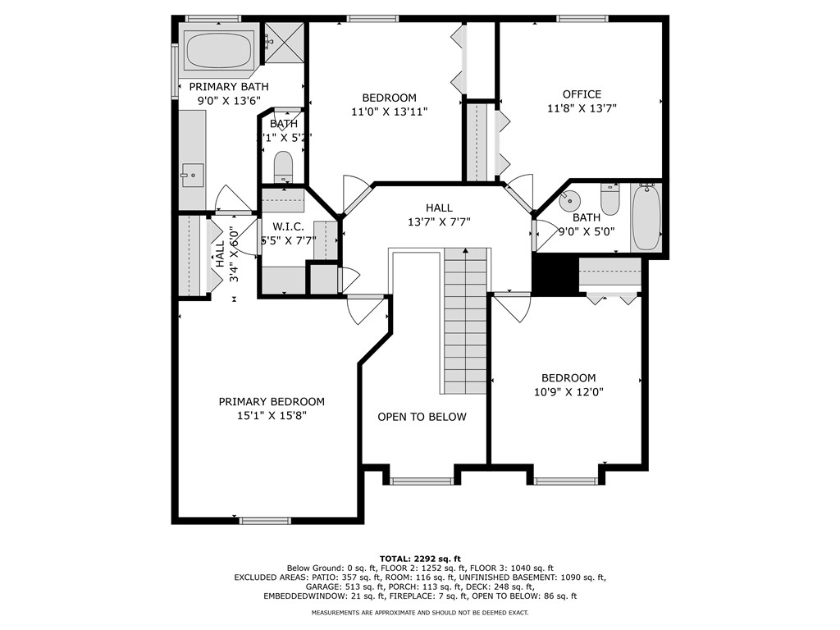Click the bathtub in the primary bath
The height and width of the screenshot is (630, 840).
[x=219, y=50]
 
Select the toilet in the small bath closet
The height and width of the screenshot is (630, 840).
[x=282, y=167]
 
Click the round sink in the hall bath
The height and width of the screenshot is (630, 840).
[x=569, y=199]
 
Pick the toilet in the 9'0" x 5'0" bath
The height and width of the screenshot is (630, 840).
[x=610, y=199]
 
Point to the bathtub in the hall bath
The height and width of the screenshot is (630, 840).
[x=646, y=218]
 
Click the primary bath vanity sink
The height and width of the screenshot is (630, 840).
[x=192, y=173]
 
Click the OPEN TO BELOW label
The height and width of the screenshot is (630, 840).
[x=422, y=417]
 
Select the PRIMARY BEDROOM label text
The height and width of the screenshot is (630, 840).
[x=272, y=402]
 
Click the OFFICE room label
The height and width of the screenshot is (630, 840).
[x=582, y=94]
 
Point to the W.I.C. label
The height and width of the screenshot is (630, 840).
[x=288, y=226]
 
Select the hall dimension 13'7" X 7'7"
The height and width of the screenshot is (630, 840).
[x=439, y=221]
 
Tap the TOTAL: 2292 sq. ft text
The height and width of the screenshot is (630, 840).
[x=419, y=558]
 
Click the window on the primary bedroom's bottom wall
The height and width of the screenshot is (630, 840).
[x=265, y=520]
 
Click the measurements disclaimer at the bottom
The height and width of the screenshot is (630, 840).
[x=419, y=612]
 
